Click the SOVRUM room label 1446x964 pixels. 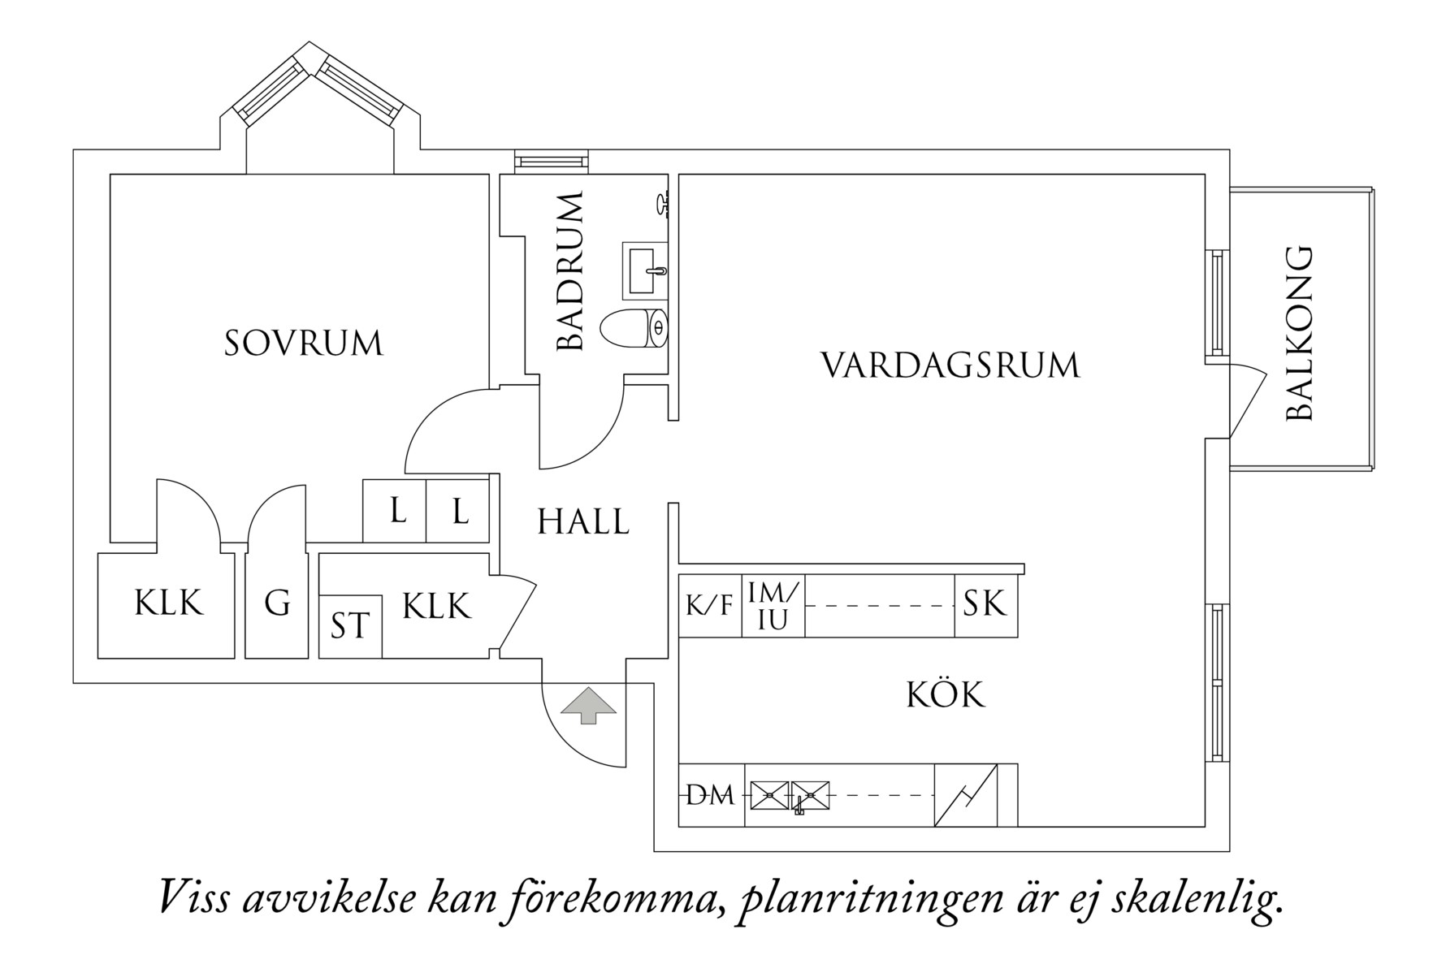coord(303,344)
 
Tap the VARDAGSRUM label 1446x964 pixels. coord(950,365)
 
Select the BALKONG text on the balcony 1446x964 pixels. coord(1299,334)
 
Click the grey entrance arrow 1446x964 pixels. coord(589,705)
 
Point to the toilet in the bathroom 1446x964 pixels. coord(634,328)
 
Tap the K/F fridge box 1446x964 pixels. coord(709,606)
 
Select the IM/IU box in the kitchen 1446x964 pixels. coord(773,606)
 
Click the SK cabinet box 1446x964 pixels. coord(985,604)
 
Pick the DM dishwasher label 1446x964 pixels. coord(711,796)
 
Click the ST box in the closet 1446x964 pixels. coord(350,626)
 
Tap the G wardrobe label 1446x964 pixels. coord(277,603)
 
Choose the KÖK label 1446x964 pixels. coord(945,695)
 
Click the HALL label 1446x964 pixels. coord(583,522)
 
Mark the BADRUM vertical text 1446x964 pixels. coord(571,272)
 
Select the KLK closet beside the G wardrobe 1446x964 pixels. coord(168,603)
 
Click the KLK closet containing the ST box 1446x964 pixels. coord(436,607)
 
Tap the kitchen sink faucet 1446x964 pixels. coord(799,806)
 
